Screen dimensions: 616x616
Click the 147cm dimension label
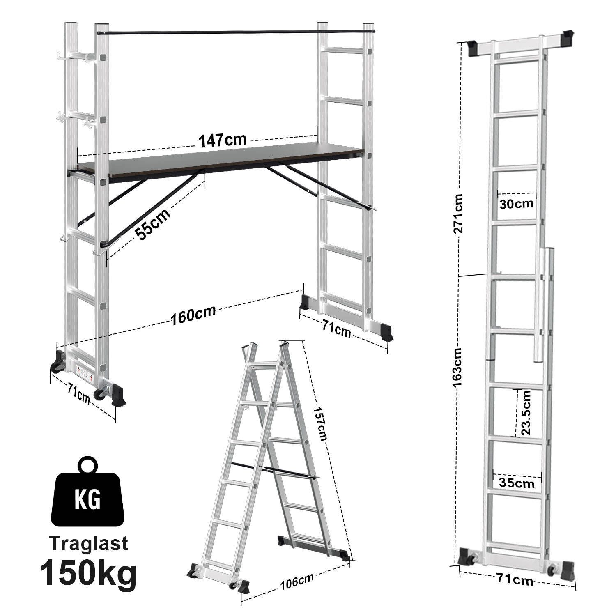click(223, 140)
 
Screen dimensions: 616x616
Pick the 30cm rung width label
click(516, 203)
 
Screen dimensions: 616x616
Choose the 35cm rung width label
click(517, 483)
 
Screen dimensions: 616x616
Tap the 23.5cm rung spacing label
click(525, 412)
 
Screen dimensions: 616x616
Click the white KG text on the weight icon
click(87, 499)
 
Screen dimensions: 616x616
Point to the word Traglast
click(89, 543)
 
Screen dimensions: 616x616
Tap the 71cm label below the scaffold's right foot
click(336, 329)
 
